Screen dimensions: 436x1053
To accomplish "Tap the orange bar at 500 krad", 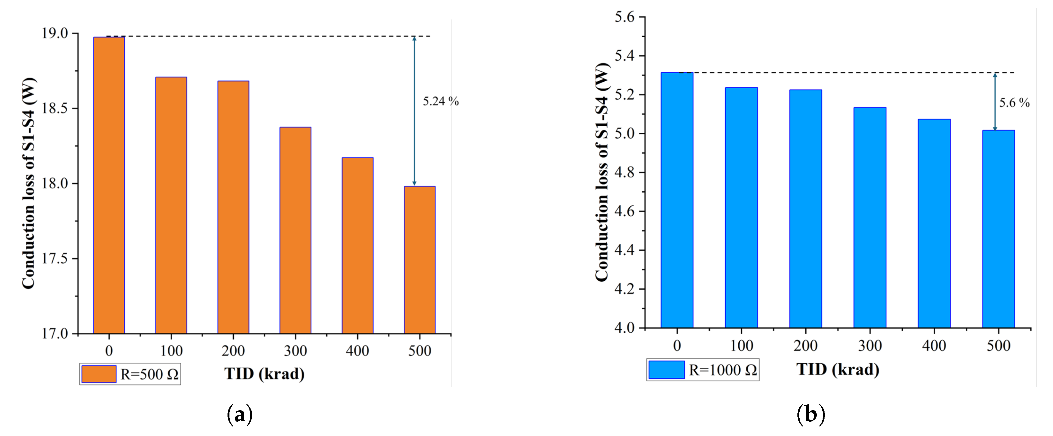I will pos(419,260).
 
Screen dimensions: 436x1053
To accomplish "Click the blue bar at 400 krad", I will pos(934,224).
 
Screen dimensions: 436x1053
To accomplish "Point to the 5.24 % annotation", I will pos(441,101).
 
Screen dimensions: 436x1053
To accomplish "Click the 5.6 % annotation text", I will pos(1014,103).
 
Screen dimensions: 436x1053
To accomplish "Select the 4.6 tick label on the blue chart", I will pos(624,211).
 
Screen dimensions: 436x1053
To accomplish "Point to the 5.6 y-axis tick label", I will pos(624,17).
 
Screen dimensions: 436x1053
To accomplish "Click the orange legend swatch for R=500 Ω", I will pos(99,374).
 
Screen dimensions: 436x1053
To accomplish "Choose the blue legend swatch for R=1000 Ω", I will pos(666,370).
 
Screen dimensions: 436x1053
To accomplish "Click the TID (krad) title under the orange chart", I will pos(264,373).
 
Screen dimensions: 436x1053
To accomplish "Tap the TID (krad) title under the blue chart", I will pos(838,369).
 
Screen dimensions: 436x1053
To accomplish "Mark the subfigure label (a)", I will pos(240,415).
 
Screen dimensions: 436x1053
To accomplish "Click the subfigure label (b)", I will pos(810,414).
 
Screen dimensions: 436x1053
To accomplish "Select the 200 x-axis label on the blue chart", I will pos(805,346).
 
